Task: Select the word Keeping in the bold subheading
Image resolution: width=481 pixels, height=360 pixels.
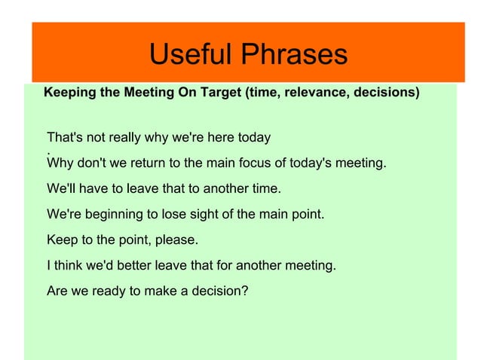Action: point(70,93)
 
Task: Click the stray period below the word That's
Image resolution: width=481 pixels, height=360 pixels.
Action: point(49,153)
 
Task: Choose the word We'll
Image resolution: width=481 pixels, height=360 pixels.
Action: point(61,188)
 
